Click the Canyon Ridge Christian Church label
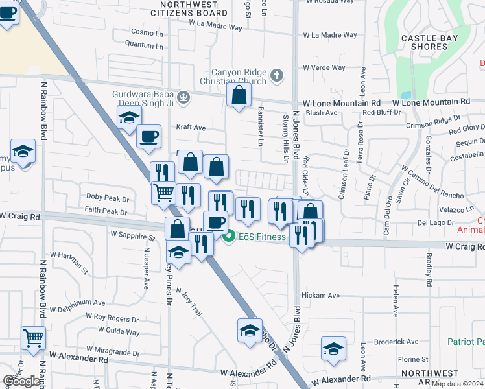(x=239, y=77)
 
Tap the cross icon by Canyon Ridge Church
(x=277, y=76)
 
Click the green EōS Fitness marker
(x=228, y=237)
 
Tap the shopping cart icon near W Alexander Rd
(x=33, y=337)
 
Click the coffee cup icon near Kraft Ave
(x=149, y=136)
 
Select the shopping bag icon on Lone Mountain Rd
(x=239, y=95)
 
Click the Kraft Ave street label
(x=191, y=128)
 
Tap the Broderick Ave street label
(x=397, y=342)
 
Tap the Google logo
(x=21, y=381)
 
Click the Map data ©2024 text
(x=458, y=384)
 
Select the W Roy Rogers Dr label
(x=108, y=318)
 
